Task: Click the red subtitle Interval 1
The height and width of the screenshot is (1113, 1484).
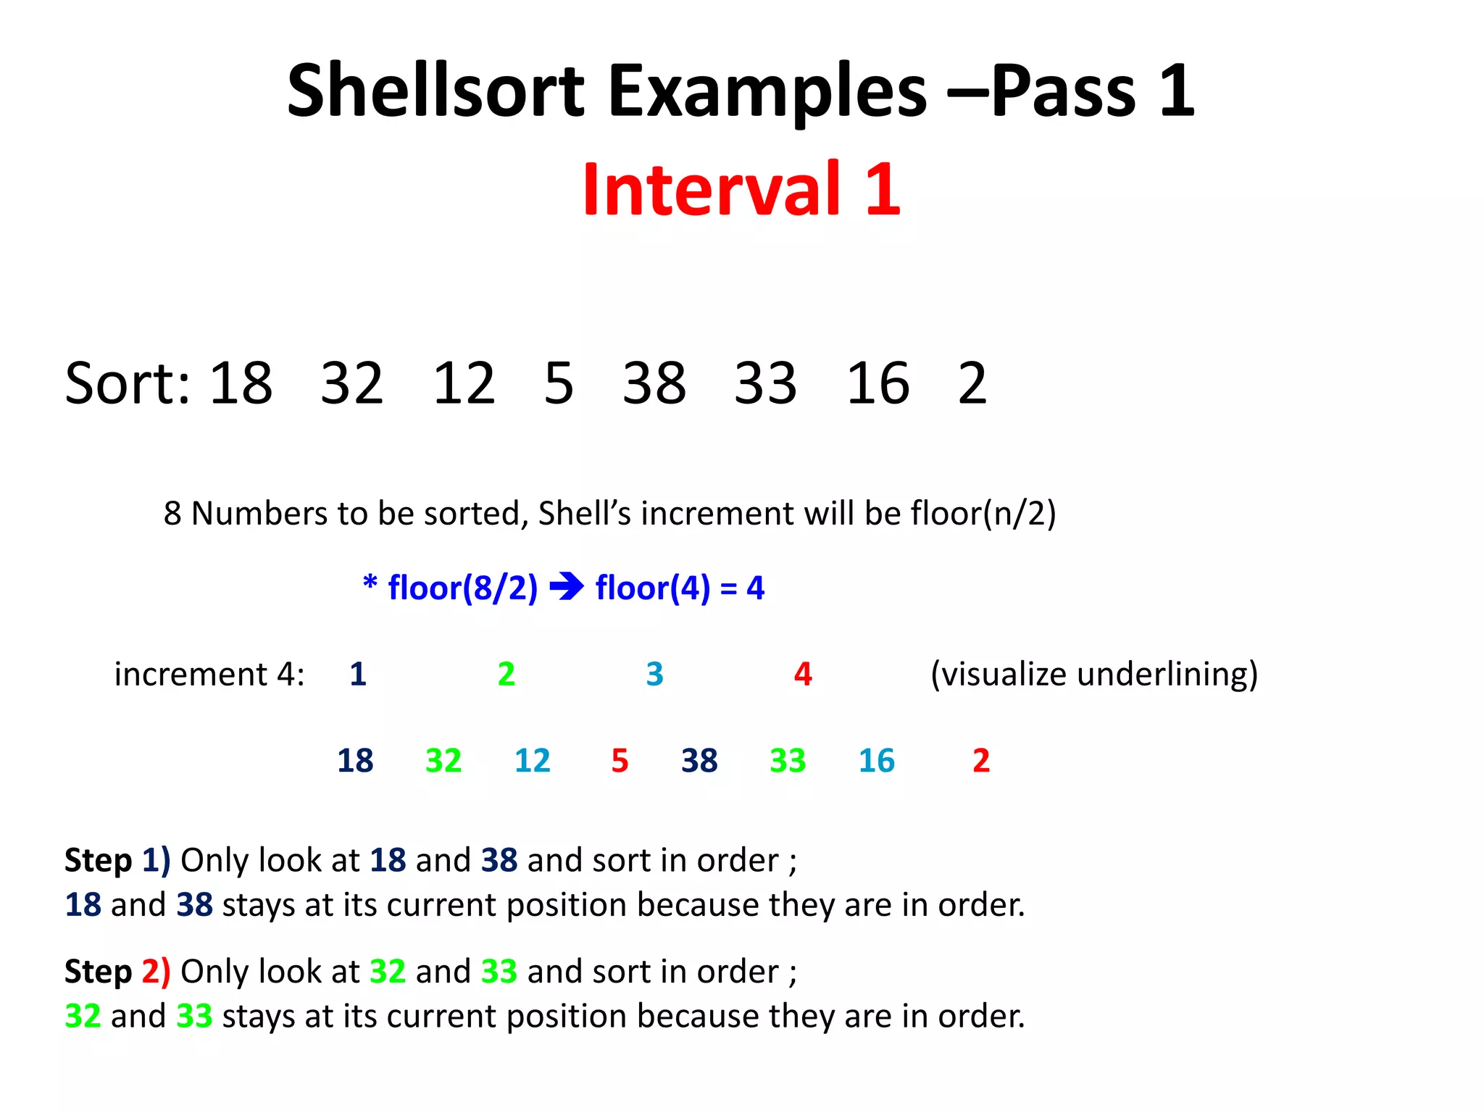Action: (741, 189)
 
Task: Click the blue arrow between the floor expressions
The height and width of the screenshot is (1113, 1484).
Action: (567, 586)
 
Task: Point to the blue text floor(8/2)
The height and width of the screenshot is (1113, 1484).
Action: (462, 588)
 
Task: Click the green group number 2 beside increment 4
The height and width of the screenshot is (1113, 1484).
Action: (506, 674)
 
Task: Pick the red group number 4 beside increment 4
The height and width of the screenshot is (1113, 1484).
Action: (803, 674)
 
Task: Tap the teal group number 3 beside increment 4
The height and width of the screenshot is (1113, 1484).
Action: (654, 674)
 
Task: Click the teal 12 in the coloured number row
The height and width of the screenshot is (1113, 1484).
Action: (532, 760)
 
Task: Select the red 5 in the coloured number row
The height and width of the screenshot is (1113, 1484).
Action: (620, 760)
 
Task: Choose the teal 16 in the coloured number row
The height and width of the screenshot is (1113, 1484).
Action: (876, 760)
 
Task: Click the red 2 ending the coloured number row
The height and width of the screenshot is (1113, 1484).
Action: (980, 760)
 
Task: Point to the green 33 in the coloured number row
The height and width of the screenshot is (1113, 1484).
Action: (787, 760)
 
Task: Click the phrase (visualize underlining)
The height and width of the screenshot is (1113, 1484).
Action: (1093, 675)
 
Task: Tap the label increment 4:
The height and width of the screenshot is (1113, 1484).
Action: (209, 675)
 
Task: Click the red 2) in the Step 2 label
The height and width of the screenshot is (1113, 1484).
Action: (156, 972)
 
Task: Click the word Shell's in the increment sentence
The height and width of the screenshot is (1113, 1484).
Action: (585, 513)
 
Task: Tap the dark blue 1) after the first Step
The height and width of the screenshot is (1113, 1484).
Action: (156, 860)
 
